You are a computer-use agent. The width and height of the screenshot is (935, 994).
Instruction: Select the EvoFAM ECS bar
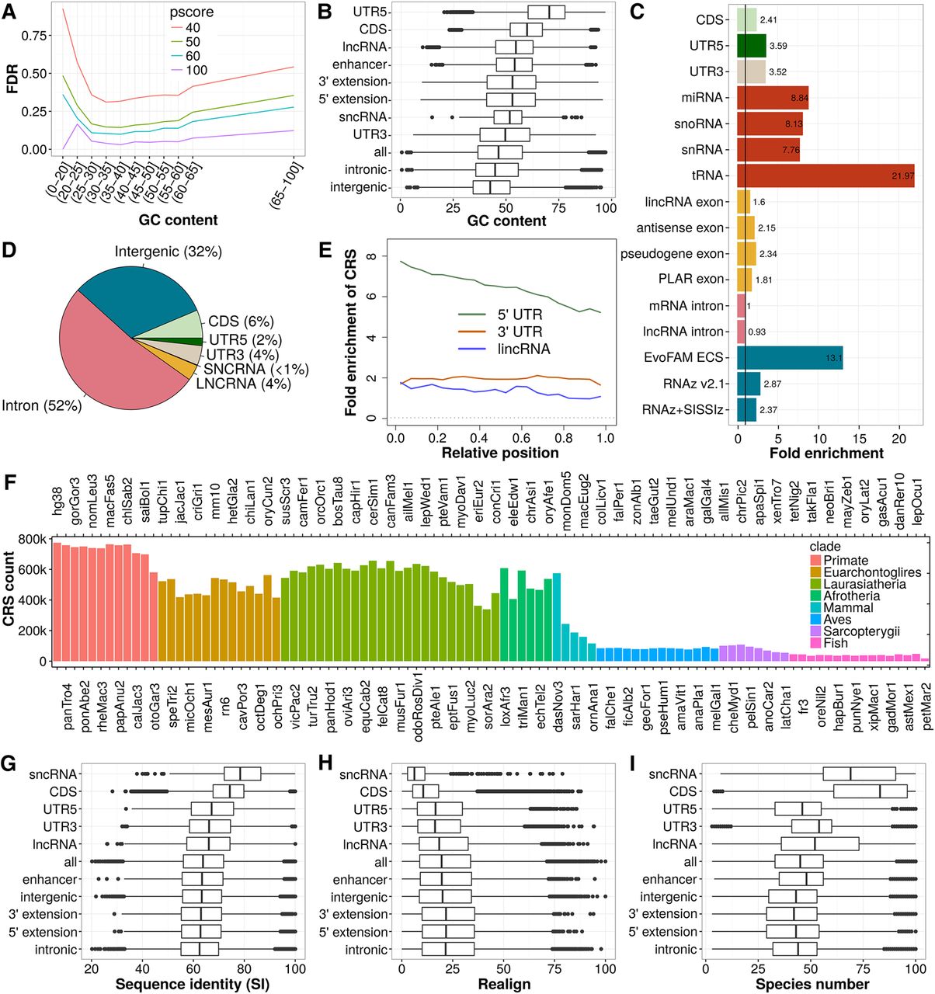[x=789, y=358]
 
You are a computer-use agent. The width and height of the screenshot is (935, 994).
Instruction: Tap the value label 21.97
[x=902, y=176]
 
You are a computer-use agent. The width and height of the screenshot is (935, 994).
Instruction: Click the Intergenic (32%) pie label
[x=169, y=252]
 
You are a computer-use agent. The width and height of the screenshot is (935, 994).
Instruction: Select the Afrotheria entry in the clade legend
[x=851, y=596]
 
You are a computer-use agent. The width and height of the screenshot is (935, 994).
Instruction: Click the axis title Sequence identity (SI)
[x=193, y=984]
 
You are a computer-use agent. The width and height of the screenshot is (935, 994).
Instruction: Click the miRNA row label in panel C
[x=701, y=98]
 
